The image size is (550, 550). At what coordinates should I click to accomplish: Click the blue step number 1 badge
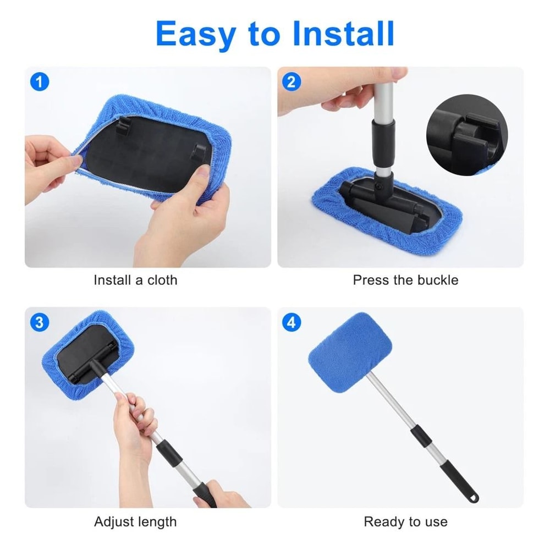(38, 82)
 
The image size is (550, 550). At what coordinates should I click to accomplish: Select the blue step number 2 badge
(291, 82)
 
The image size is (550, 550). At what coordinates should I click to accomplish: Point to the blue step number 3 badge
(38, 322)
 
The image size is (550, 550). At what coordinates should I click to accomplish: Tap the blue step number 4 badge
(291, 322)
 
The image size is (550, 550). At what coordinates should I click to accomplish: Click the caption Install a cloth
(135, 280)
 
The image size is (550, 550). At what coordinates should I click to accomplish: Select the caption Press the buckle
(405, 280)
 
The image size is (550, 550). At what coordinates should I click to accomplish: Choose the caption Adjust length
(135, 521)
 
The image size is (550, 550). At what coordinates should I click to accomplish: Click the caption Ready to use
(405, 521)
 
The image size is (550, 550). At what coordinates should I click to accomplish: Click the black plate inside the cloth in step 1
(143, 154)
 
